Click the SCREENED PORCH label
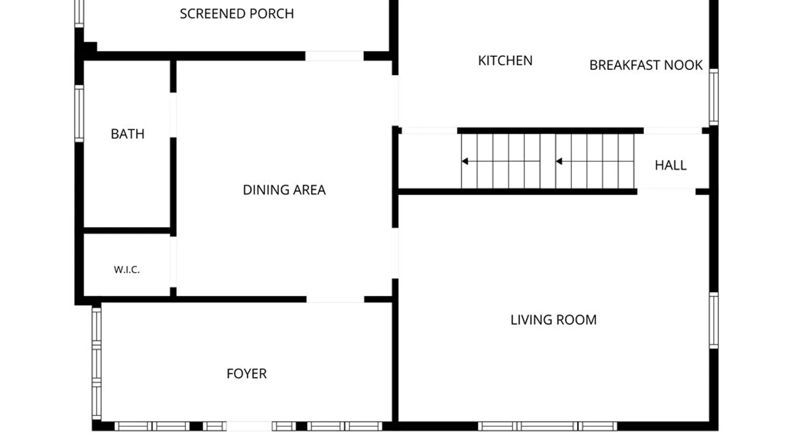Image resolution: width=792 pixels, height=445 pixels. [x=237, y=14]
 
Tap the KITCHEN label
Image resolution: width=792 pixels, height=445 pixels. [x=505, y=61]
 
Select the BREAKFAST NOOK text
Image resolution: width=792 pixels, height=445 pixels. [x=646, y=65]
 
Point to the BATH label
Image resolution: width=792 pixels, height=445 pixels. [x=127, y=134]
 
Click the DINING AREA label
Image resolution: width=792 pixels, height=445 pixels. [x=284, y=190]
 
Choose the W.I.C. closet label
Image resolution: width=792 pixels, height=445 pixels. [x=127, y=269]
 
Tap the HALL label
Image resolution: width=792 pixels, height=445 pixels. [x=671, y=165]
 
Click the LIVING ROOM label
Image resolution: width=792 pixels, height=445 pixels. [x=554, y=320]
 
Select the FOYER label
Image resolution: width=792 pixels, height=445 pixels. [x=247, y=374]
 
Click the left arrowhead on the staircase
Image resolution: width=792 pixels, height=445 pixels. [x=465, y=161]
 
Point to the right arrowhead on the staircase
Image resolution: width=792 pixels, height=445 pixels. [x=559, y=161]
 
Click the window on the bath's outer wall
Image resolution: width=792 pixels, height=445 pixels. [x=79, y=113]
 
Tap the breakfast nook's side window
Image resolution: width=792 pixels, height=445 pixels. [x=714, y=97]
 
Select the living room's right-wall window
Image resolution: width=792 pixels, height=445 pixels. [x=714, y=321]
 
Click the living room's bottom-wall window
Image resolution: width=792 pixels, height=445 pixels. [x=547, y=426]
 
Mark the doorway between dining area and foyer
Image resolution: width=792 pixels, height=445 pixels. [x=335, y=299]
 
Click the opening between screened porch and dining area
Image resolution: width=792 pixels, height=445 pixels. [x=334, y=56]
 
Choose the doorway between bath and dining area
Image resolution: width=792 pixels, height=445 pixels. [x=173, y=115]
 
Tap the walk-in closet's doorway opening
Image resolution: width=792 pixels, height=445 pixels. [x=173, y=262]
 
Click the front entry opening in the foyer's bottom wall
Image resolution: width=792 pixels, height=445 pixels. [x=249, y=426]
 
